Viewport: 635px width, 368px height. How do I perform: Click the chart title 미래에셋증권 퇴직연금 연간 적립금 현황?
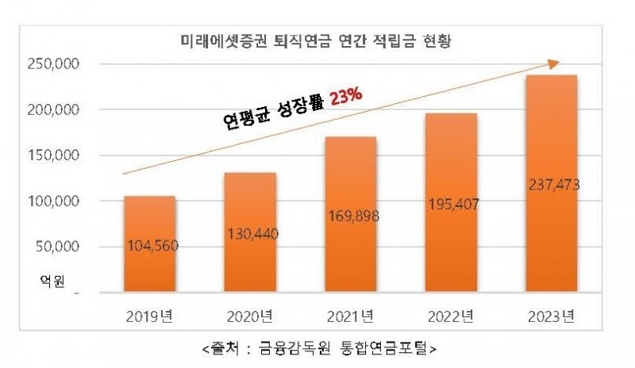tap(317, 40)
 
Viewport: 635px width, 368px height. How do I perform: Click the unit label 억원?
tap(53, 280)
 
